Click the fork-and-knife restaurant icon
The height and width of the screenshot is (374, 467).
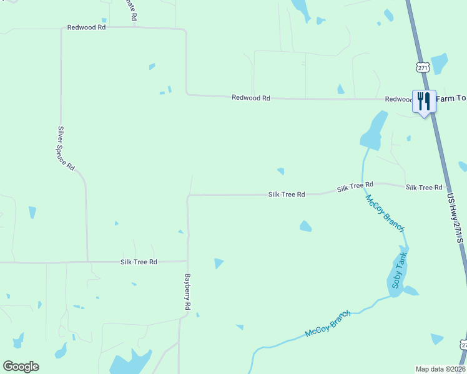point(424,100)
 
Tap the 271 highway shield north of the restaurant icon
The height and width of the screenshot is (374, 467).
point(423,67)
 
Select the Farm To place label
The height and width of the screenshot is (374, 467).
point(451,99)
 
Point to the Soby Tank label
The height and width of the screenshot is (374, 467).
point(400,271)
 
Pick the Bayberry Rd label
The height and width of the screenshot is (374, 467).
point(187,292)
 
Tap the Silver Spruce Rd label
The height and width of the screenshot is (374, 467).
point(66,148)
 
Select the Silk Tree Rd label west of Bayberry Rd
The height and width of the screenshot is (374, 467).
point(139,262)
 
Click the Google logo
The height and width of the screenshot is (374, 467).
point(21,367)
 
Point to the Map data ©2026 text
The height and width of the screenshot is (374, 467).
point(440,368)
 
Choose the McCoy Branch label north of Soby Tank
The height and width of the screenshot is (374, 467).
point(385,213)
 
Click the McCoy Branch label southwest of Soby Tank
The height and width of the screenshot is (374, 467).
point(328,324)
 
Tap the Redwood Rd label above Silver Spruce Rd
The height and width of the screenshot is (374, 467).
point(87,28)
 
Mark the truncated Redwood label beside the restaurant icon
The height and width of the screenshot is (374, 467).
point(398,99)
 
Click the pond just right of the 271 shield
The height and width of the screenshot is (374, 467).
point(440,63)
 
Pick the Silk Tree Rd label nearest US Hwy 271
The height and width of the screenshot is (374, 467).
point(423,188)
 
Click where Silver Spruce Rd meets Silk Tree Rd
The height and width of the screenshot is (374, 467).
point(87,262)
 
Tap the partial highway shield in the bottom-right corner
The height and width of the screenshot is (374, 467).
point(463,345)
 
